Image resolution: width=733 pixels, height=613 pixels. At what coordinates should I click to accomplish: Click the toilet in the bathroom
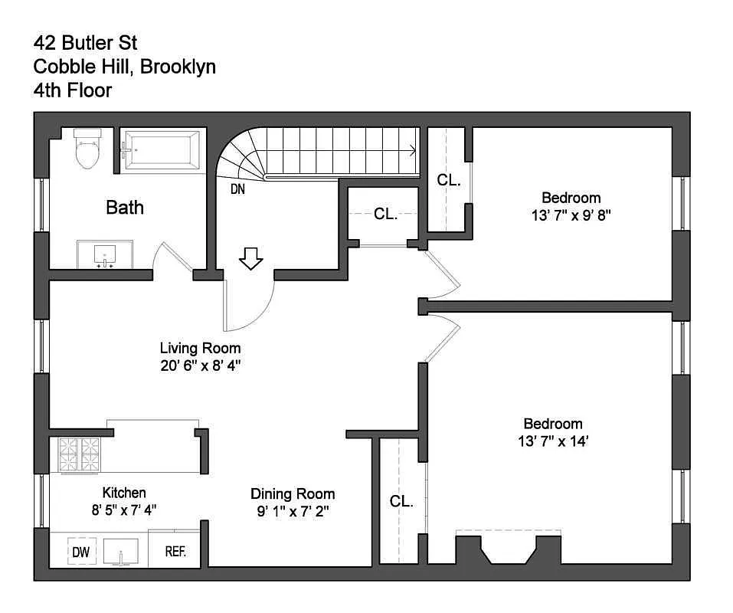click(x=87, y=150)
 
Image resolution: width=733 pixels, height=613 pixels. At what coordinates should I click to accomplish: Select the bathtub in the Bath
click(x=163, y=149)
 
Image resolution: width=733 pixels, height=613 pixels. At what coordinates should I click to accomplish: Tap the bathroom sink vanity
click(x=105, y=254)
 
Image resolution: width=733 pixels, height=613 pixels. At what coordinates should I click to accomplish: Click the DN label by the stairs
click(x=237, y=188)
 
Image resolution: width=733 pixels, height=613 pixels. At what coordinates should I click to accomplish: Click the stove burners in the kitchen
click(x=80, y=454)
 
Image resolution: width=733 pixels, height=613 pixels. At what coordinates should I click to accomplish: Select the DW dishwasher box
click(x=80, y=552)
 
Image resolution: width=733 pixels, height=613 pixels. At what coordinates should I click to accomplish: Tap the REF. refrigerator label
click(x=175, y=552)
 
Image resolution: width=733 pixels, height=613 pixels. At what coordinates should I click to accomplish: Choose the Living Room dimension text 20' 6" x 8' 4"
click(x=200, y=366)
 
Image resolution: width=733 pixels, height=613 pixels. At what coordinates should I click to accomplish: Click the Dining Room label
click(x=293, y=493)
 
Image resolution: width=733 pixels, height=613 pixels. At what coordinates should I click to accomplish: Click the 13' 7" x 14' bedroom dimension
click(x=552, y=441)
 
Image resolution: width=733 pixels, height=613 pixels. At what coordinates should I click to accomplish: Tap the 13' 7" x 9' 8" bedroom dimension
click(x=571, y=215)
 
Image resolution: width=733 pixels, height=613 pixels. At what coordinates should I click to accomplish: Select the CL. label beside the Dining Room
click(x=401, y=502)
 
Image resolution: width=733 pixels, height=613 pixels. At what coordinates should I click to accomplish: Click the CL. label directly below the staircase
click(x=385, y=215)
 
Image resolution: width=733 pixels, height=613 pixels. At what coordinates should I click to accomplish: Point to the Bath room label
click(x=125, y=207)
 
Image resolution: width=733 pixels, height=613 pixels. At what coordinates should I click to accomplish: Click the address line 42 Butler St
click(x=85, y=42)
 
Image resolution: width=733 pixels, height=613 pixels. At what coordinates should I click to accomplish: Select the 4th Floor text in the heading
click(x=73, y=90)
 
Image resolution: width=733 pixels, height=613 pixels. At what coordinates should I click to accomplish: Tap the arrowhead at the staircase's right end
click(x=414, y=150)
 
